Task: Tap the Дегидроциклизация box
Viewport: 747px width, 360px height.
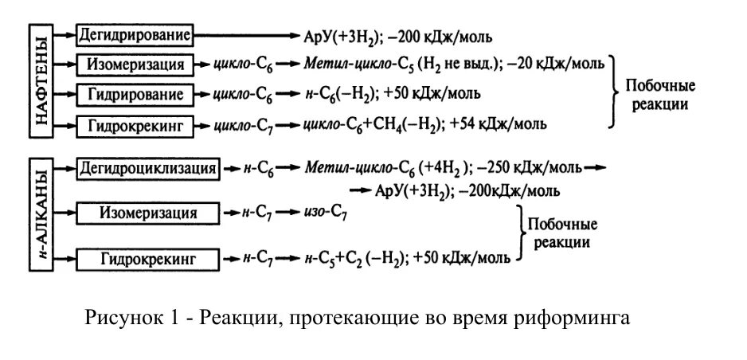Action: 147,169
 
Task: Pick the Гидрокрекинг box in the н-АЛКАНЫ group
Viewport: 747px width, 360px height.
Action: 147,259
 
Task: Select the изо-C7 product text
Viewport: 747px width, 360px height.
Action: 325,213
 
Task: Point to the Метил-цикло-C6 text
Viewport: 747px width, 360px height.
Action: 359,169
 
